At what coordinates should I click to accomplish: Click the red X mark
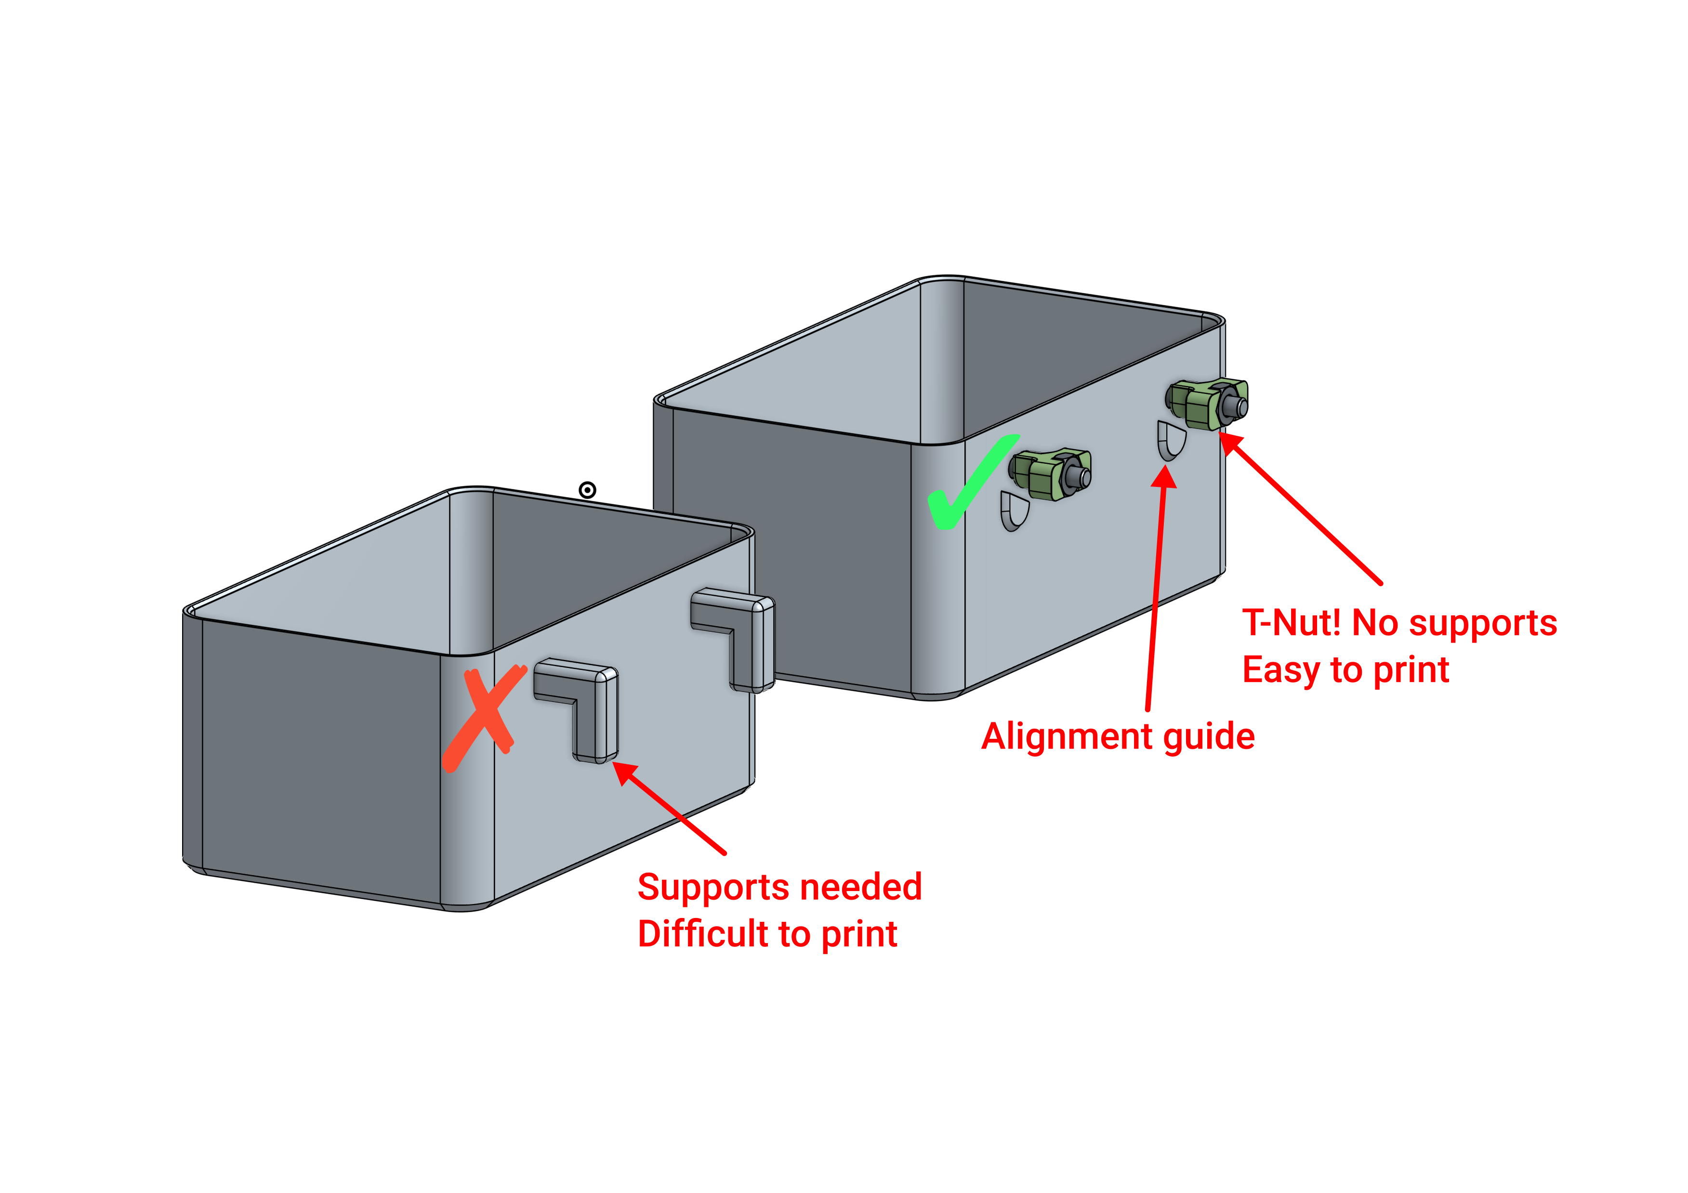(x=483, y=717)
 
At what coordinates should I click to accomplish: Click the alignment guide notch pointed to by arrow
(x=1171, y=440)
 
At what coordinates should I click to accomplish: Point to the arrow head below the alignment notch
(x=1164, y=478)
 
